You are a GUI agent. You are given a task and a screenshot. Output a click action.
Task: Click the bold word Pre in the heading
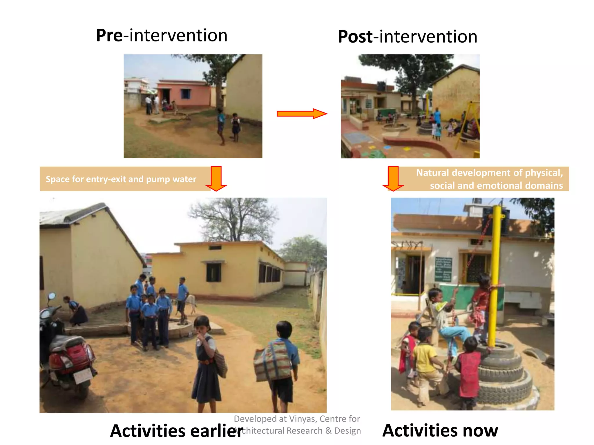point(109,36)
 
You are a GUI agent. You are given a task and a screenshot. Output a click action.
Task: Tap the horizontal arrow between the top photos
point(302,114)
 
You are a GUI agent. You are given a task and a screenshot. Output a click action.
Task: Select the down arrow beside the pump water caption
point(216,178)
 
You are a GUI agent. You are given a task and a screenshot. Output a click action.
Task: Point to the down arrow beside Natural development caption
point(393,178)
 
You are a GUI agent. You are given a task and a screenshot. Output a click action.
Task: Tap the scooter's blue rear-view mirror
point(52,296)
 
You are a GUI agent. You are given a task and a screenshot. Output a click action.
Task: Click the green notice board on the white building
point(443,269)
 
